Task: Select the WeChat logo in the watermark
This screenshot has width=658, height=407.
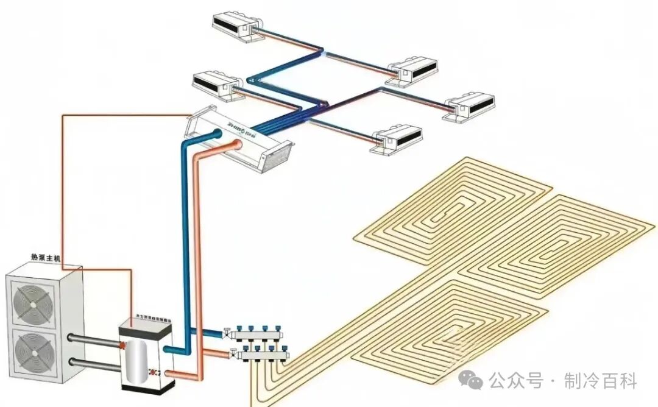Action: pyautogui.click(x=472, y=381)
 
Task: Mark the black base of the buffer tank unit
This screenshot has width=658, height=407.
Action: pyautogui.click(x=147, y=384)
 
